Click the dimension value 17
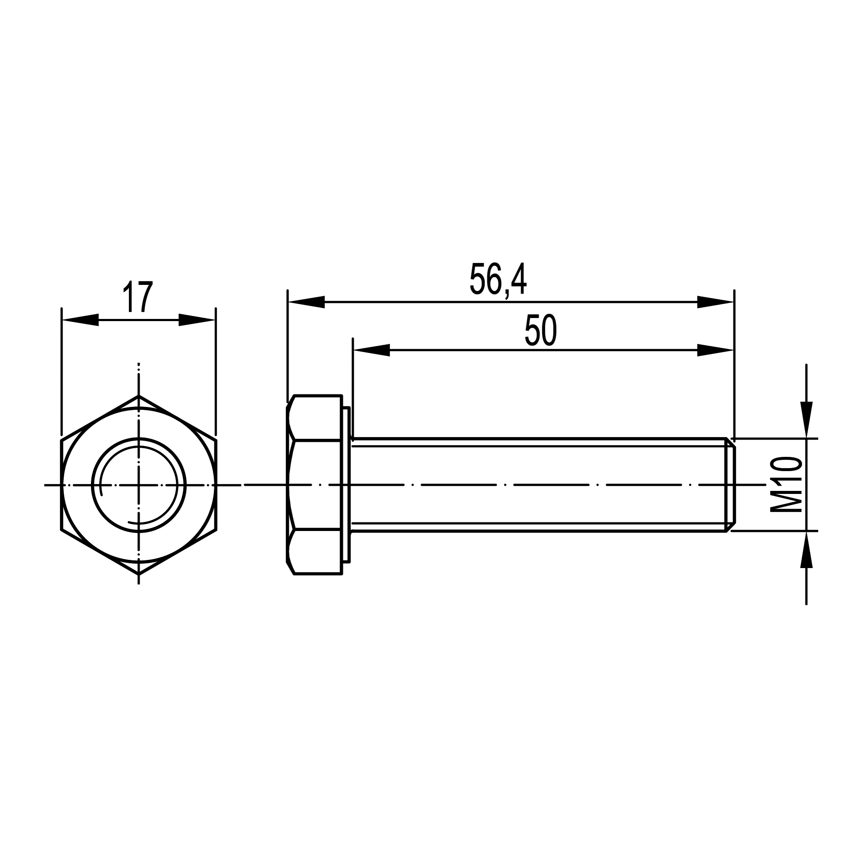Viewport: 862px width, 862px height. [138, 297]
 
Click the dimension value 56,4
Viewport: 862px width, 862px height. [498, 280]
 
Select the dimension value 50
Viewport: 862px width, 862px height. [541, 330]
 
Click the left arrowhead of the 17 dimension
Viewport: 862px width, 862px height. [80, 320]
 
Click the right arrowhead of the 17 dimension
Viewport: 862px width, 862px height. [197, 320]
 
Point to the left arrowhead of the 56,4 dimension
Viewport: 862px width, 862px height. [306, 302]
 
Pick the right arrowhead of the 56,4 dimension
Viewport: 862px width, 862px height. [715, 302]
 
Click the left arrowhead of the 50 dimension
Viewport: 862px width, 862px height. [371, 350]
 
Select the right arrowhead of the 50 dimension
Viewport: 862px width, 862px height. [715, 350]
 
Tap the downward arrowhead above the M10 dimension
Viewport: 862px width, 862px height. [806, 419]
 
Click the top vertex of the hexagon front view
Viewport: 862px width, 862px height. [139, 396]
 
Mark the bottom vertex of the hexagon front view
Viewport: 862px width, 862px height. [139, 574]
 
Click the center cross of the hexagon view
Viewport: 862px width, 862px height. [139, 484]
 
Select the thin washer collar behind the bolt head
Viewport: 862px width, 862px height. [346, 484]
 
